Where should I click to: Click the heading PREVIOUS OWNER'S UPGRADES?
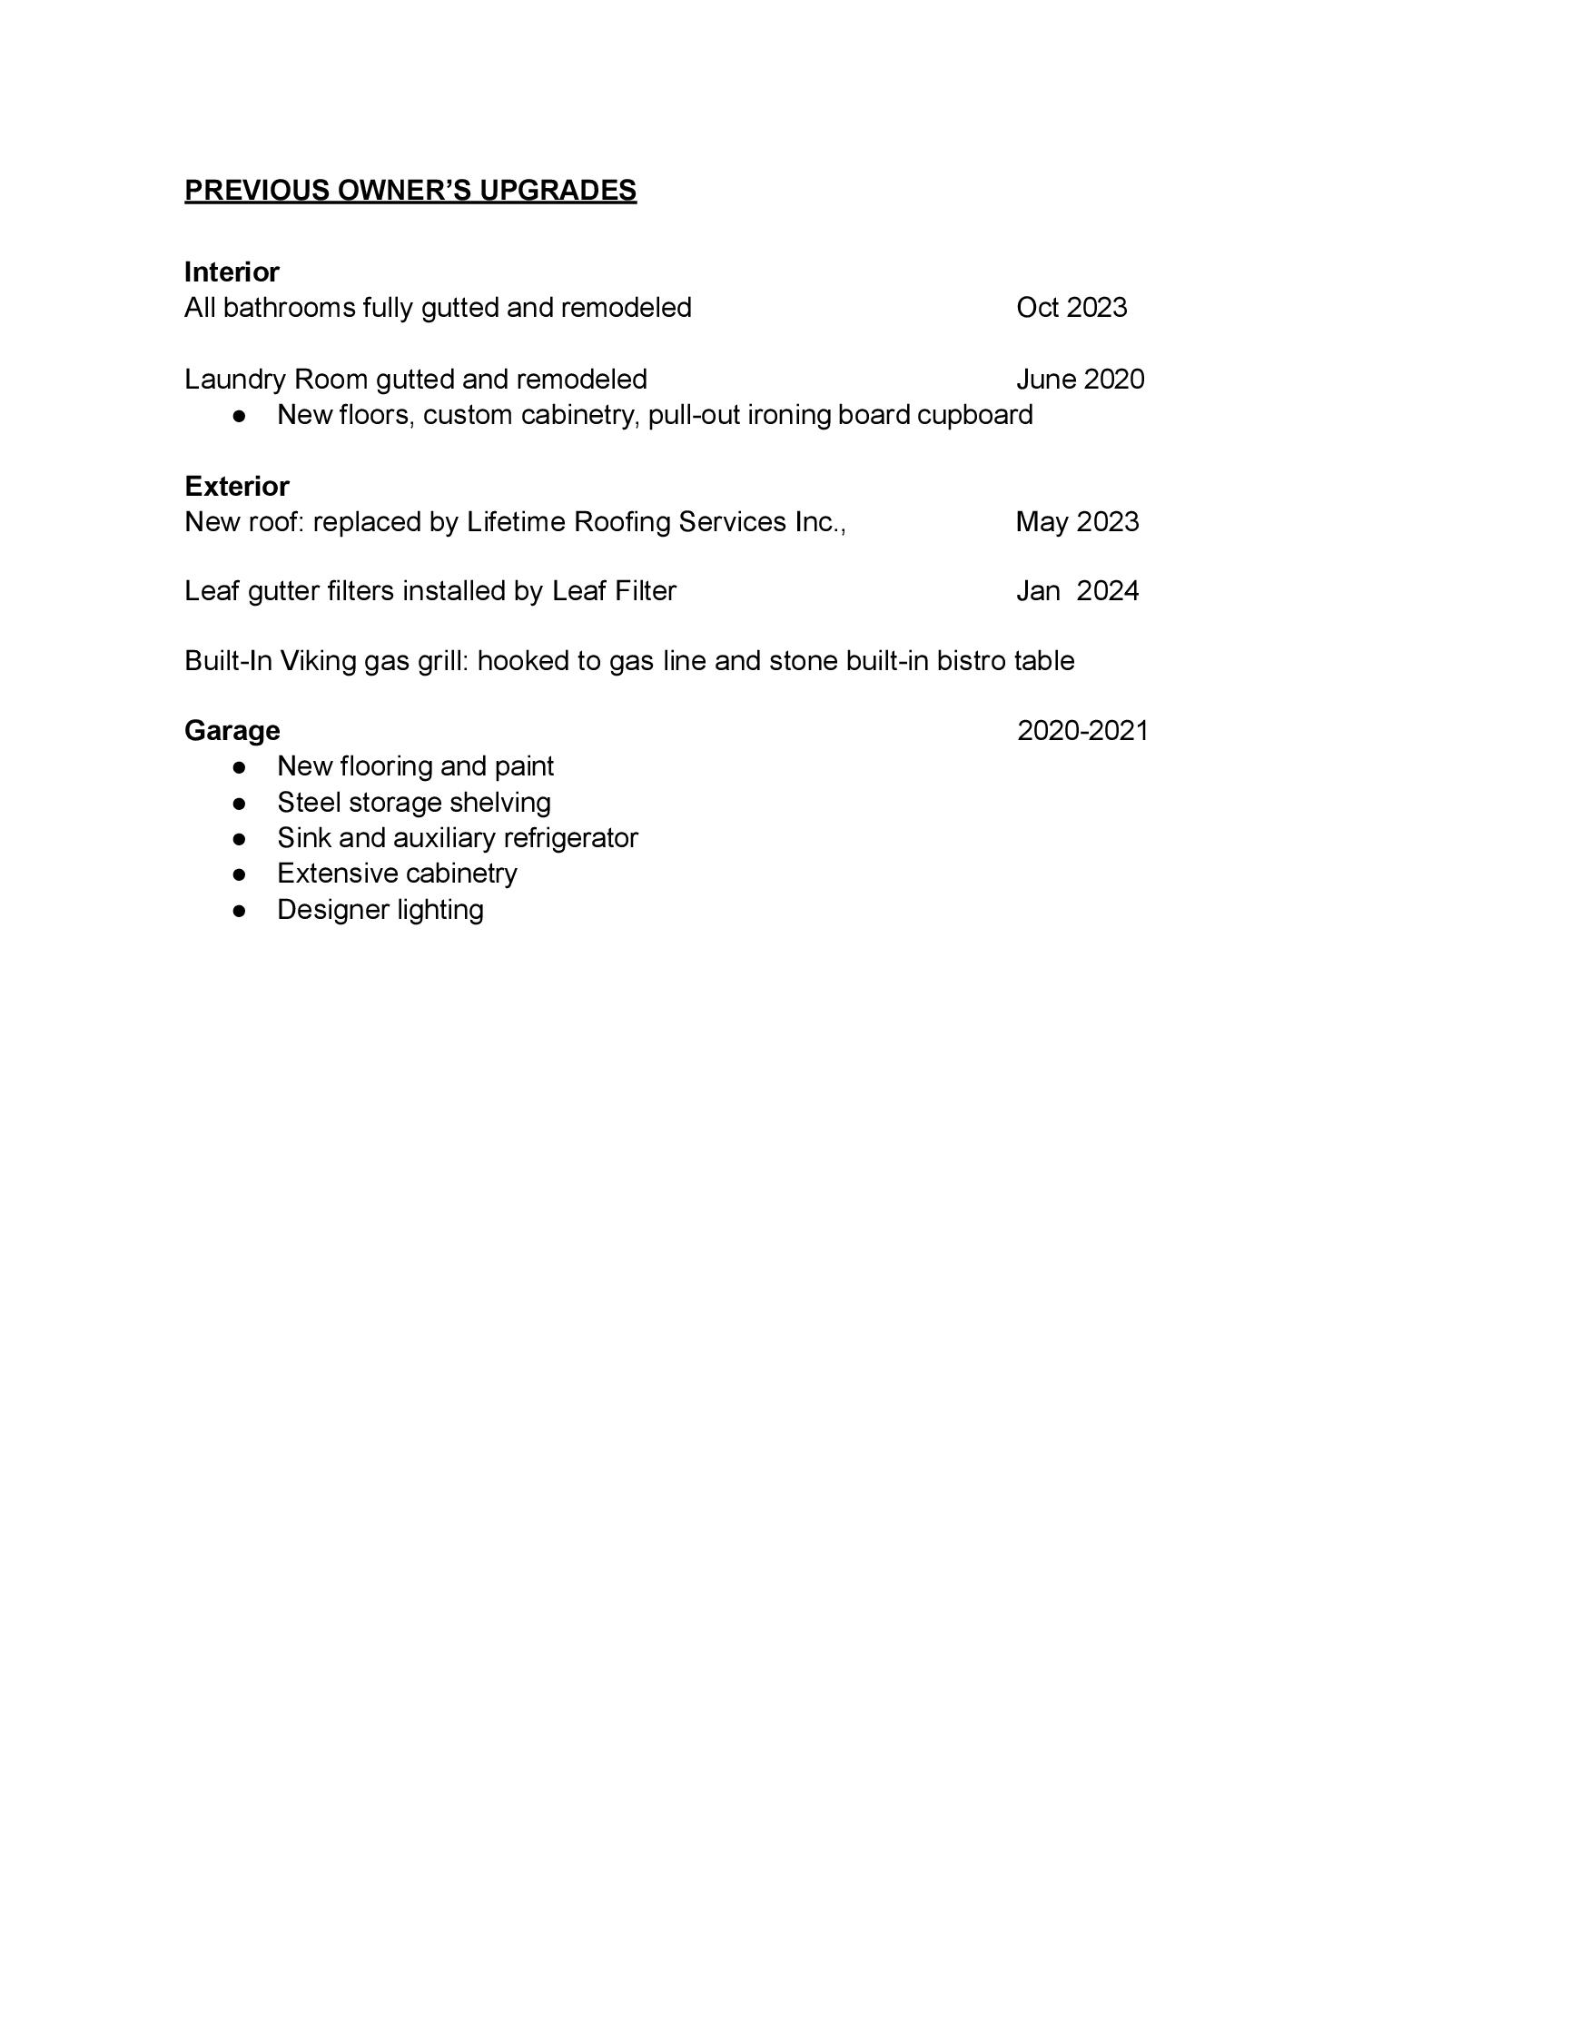(x=410, y=190)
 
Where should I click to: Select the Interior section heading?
(x=232, y=272)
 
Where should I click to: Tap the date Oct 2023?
(x=1071, y=307)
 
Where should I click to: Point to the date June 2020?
(x=1080, y=379)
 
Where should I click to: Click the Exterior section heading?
(x=236, y=486)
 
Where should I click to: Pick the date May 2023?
(x=1076, y=521)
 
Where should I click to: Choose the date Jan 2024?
(x=1076, y=590)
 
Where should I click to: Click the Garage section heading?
(x=232, y=730)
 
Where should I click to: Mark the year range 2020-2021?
(x=1082, y=730)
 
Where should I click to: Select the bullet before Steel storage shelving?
(x=240, y=803)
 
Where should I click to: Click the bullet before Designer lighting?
(x=240, y=910)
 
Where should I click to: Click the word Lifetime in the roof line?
(x=515, y=521)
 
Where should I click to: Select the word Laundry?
(x=234, y=380)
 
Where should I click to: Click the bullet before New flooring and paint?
(x=240, y=767)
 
